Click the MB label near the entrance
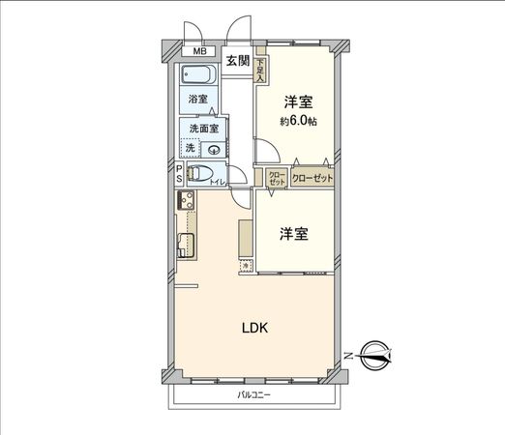click(199, 51)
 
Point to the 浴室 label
click(197, 99)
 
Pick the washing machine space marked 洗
click(191, 148)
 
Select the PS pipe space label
click(179, 174)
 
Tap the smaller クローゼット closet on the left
click(277, 179)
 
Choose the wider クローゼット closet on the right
click(312, 179)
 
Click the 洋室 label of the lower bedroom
click(295, 233)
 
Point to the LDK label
click(255, 327)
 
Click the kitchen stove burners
click(186, 203)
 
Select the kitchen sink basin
click(186, 245)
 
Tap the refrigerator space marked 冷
click(246, 264)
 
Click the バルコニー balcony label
click(255, 396)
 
